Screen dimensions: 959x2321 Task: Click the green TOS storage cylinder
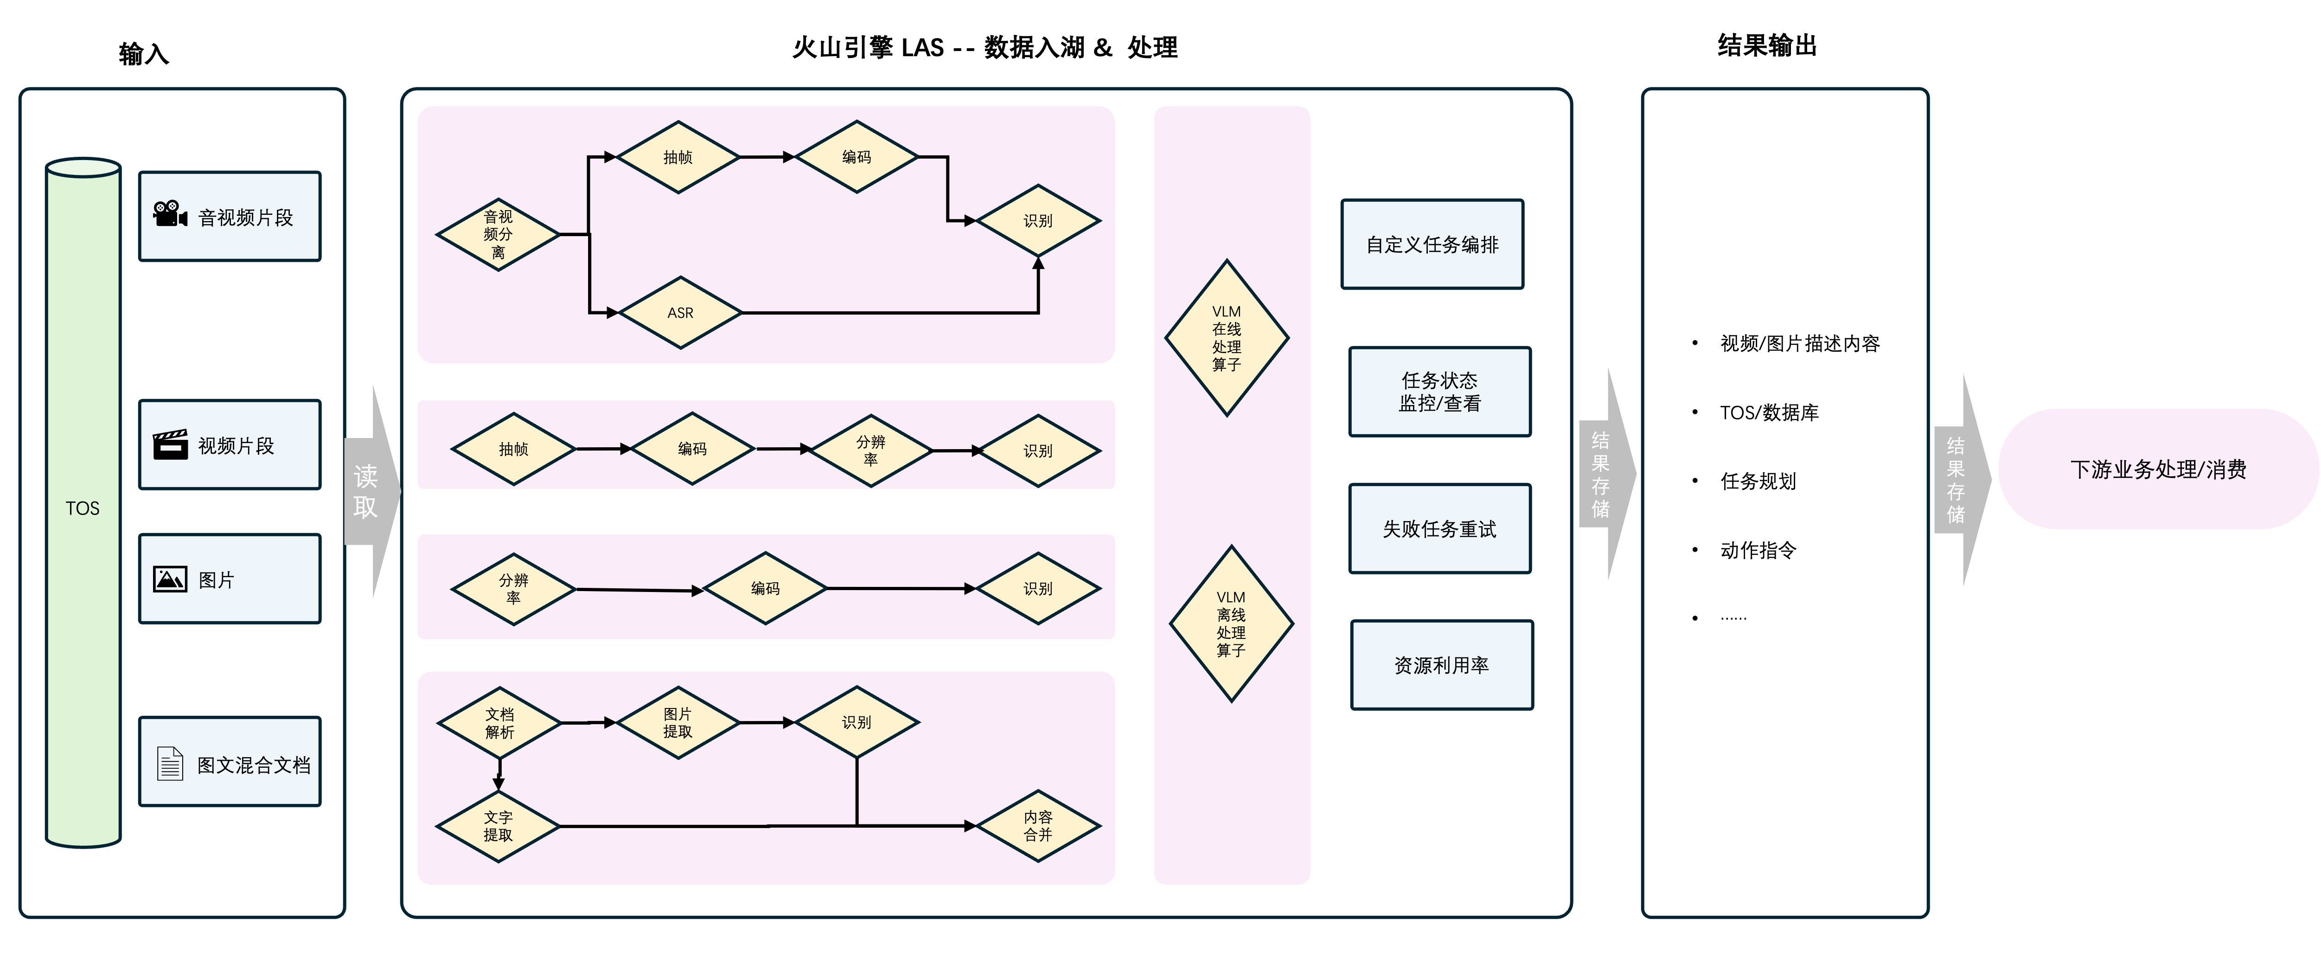pos(83,505)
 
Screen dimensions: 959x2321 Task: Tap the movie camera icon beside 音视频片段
pos(169,214)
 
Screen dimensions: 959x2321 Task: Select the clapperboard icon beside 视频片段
pos(170,444)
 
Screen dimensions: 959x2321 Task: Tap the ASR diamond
pos(680,313)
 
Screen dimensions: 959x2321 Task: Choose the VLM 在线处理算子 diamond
pos(1226,338)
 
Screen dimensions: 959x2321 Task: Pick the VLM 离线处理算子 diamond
pos(1231,624)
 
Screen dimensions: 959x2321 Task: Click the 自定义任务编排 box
pos(1432,244)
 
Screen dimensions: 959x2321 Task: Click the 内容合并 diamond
pos(1038,825)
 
